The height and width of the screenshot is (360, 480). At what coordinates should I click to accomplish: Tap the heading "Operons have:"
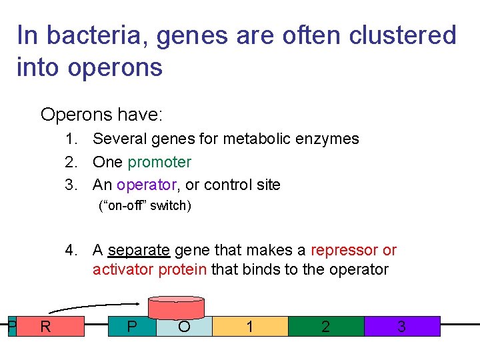(x=101, y=115)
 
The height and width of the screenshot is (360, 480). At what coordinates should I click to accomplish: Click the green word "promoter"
(x=159, y=162)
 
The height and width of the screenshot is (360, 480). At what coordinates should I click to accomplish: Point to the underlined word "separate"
(x=139, y=250)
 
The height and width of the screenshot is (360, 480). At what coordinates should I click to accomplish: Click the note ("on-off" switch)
(x=145, y=205)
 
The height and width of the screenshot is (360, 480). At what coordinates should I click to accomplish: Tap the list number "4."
(x=73, y=250)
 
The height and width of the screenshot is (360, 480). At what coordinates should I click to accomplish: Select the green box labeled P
(x=132, y=327)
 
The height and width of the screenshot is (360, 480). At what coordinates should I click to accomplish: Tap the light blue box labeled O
(x=184, y=327)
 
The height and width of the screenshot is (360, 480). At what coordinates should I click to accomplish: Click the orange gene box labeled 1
(x=250, y=327)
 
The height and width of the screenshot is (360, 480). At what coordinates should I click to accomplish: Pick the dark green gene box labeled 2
(x=325, y=327)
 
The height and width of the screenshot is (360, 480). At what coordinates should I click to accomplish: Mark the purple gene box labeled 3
(x=401, y=327)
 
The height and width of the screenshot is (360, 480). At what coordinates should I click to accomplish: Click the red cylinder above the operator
(x=176, y=307)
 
